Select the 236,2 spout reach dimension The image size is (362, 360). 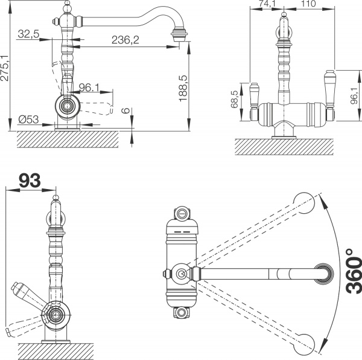125,40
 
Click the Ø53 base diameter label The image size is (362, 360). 28,120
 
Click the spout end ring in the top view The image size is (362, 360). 325,274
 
